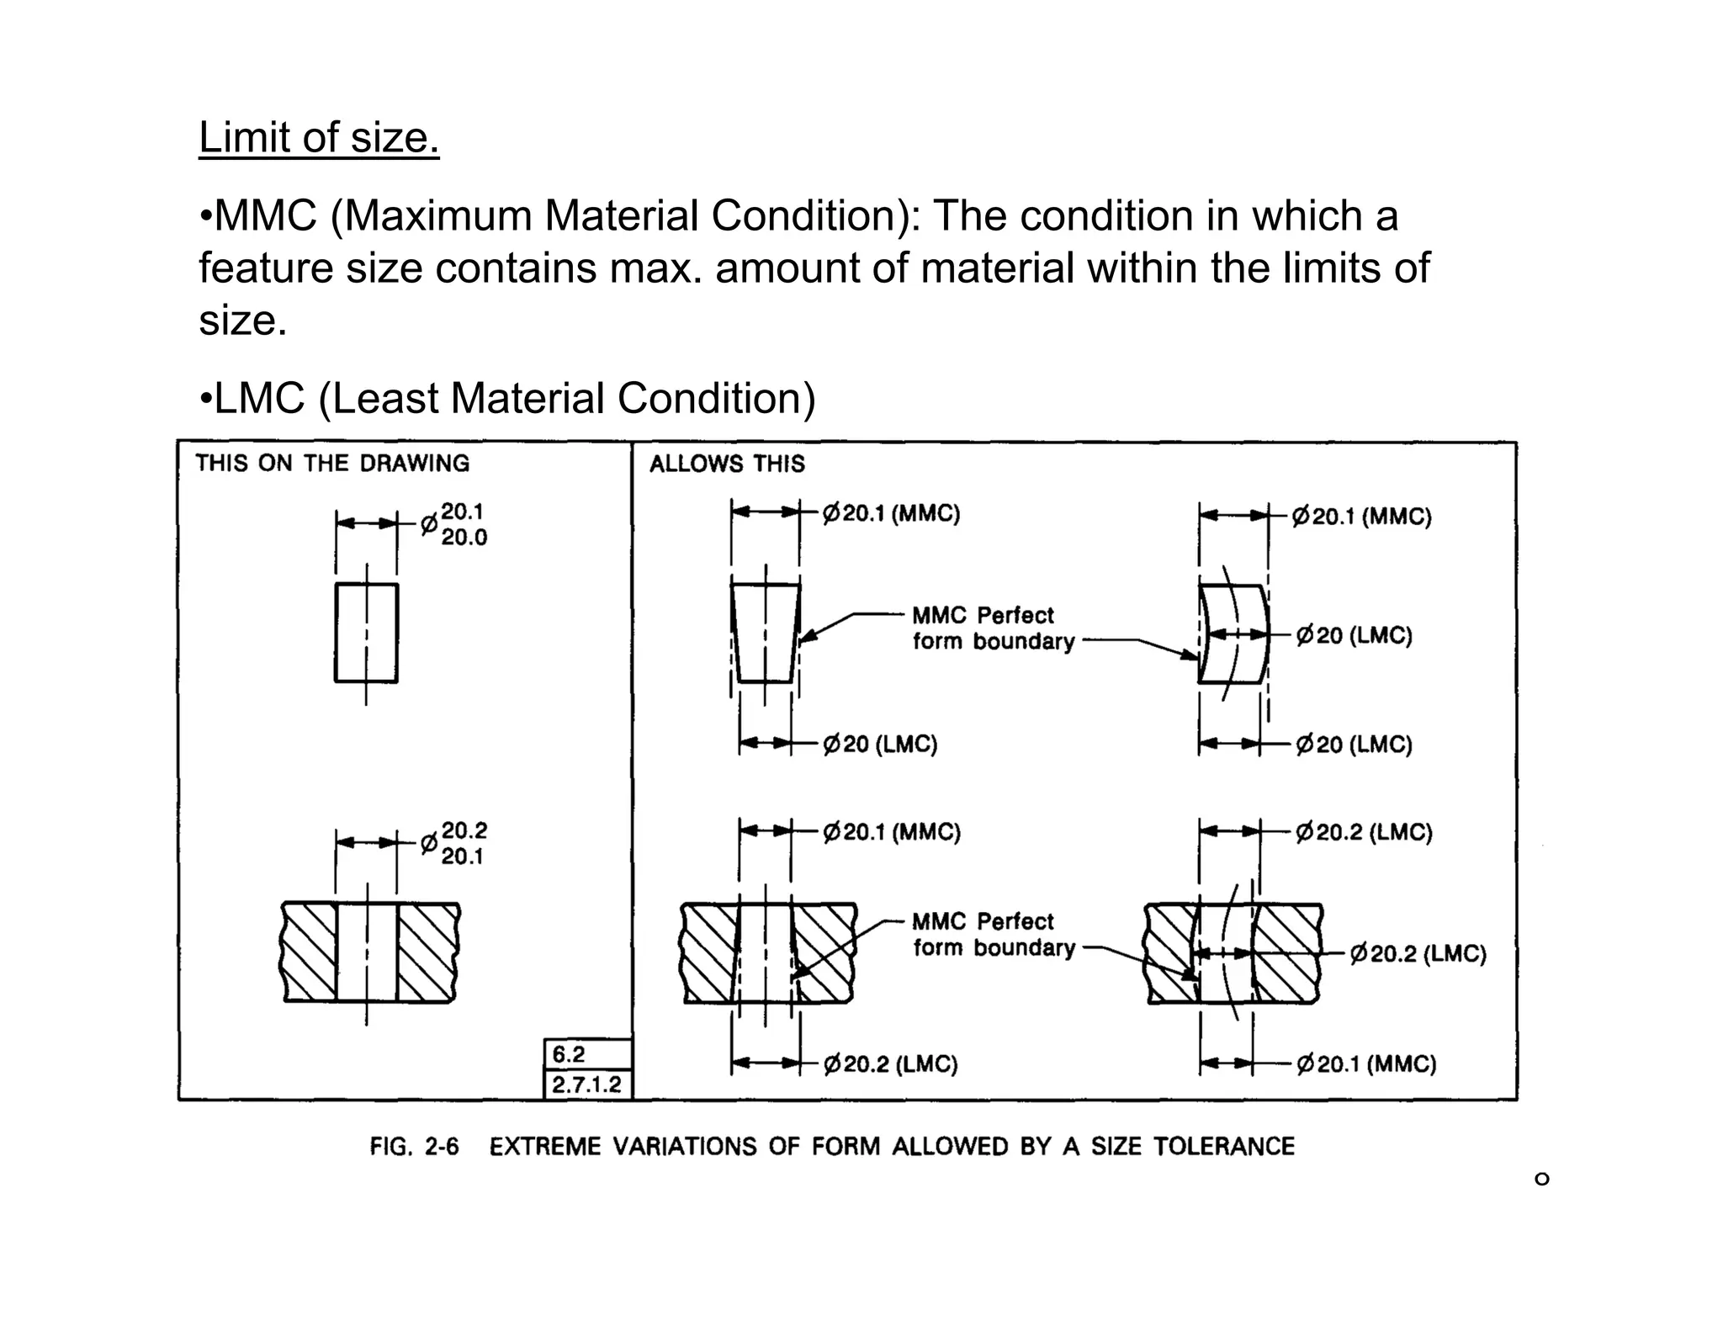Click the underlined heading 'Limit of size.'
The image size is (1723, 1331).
point(319,137)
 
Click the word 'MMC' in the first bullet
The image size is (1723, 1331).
point(266,215)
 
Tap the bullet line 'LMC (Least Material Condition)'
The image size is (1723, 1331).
point(507,398)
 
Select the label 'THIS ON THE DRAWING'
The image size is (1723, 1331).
point(332,463)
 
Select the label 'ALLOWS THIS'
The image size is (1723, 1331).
point(727,464)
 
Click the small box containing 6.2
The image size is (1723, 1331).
point(586,1054)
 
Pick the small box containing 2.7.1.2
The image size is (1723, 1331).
point(586,1084)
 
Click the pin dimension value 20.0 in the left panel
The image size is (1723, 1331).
point(464,538)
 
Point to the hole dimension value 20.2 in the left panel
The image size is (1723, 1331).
point(464,830)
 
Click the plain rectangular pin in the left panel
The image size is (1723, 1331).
point(366,633)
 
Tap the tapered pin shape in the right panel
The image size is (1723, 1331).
point(765,633)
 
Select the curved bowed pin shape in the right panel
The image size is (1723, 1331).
point(1233,633)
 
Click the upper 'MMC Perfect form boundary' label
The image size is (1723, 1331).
point(993,628)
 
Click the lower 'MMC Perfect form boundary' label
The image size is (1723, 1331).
point(993,934)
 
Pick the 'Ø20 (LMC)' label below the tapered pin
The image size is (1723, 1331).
point(880,744)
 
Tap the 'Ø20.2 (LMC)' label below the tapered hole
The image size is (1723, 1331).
point(890,1064)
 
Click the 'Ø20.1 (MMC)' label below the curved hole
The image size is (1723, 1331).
point(1366,1064)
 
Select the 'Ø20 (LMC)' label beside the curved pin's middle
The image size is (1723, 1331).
point(1354,635)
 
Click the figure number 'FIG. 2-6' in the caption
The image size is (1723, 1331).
point(414,1147)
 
